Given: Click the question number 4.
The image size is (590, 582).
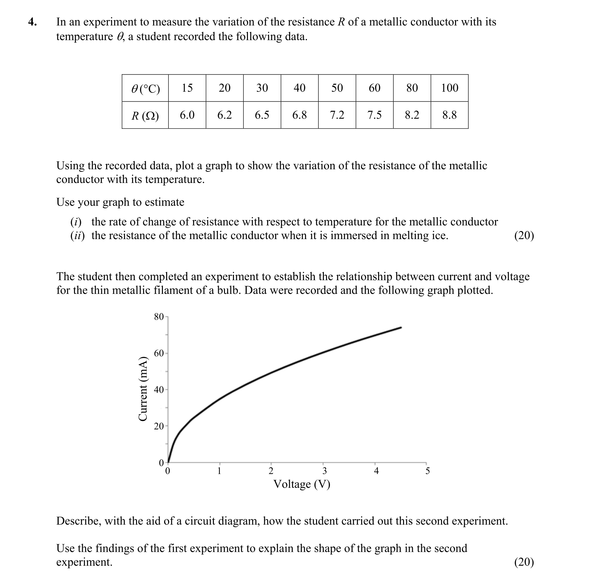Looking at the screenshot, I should pyautogui.click(x=32, y=22).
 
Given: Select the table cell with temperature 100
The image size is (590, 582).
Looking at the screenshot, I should pyautogui.click(x=449, y=88).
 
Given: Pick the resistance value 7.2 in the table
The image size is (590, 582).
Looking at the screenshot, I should pyautogui.click(x=337, y=115).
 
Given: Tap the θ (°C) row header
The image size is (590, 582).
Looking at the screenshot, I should pyautogui.click(x=145, y=88).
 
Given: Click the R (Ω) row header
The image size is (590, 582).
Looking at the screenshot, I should pyautogui.click(x=145, y=116).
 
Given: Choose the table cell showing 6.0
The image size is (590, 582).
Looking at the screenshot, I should pyautogui.click(x=187, y=115).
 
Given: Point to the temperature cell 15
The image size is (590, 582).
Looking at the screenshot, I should pyautogui.click(x=187, y=88).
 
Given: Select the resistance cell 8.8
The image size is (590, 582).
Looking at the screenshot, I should pyautogui.click(x=449, y=115).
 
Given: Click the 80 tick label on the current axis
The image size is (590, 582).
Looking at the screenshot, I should pyautogui.click(x=159, y=317).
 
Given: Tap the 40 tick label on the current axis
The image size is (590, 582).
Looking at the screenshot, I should pyautogui.click(x=159, y=390).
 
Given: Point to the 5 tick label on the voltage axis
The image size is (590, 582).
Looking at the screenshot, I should pyautogui.click(x=427, y=471).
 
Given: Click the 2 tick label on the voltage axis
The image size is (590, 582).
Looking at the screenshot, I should pyautogui.click(x=271, y=471).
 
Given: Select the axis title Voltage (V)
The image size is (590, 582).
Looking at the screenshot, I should pyautogui.click(x=302, y=484).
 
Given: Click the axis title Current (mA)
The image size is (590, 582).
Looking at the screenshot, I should pyautogui.click(x=143, y=389).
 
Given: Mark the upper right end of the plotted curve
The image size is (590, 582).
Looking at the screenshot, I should pyautogui.click(x=401, y=327).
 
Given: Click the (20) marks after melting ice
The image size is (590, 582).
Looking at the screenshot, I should pyautogui.click(x=524, y=235).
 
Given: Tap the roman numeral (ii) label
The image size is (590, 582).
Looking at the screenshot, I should pyautogui.click(x=77, y=235).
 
